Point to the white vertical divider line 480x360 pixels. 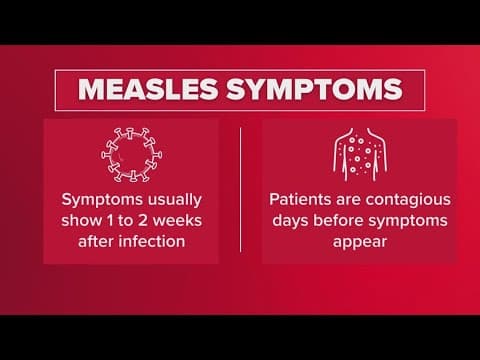click(241, 190)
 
